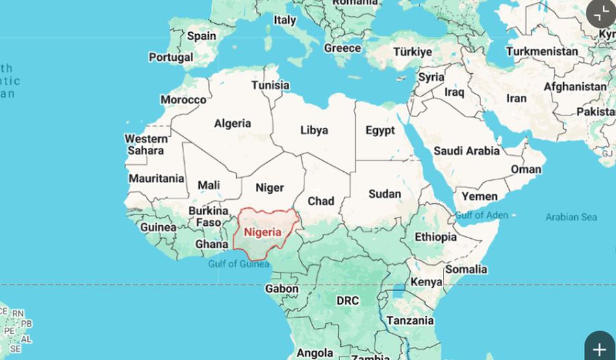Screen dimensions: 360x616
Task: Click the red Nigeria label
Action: (263, 232)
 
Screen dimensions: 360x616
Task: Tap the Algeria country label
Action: (233, 124)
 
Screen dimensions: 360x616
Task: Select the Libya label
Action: (314, 130)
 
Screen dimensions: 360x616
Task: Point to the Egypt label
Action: (380, 130)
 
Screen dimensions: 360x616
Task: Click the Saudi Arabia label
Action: (467, 151)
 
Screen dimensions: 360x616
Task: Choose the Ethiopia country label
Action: (435, 237)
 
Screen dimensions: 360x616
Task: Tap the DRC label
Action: (348, 300)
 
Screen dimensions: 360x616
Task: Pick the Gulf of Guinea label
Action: (239, 264)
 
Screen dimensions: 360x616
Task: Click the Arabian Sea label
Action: (571, 217)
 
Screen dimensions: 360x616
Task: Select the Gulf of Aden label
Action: (482, 215)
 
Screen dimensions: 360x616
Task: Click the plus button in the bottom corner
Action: (600, 348)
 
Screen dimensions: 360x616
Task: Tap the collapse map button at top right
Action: (602, 12)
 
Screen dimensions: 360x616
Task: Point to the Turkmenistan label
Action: (542, 51)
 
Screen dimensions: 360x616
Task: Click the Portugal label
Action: (170, 57)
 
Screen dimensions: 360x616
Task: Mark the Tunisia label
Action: (270, 86)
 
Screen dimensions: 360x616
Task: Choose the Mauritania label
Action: (157, 179)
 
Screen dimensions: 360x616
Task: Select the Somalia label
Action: (466, 269)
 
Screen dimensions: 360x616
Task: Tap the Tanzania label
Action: (410, 320)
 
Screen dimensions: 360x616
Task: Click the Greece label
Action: (342, 49)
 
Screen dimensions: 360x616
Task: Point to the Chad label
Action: (321, 201)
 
